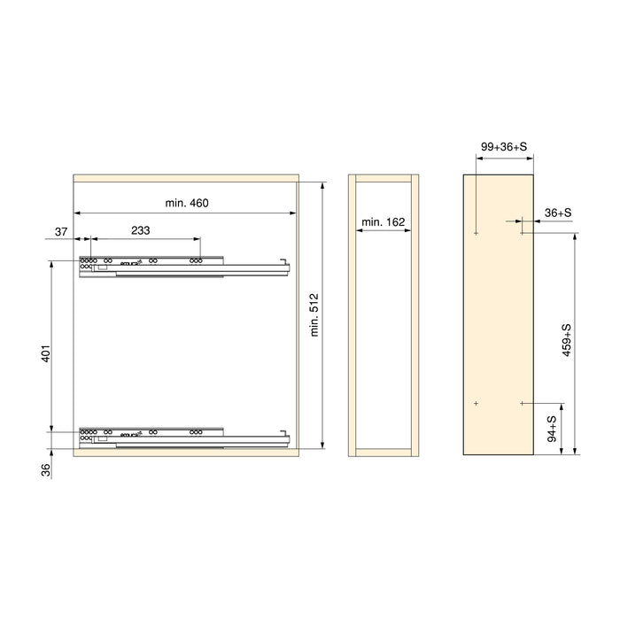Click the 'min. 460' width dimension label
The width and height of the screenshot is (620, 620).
coord(186,204)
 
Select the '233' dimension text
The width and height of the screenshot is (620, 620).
coord(140,229)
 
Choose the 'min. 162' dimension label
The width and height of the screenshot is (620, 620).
coord(383,221)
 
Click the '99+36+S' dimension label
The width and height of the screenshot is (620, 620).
coord(505,146)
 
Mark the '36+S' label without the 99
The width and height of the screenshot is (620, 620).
coord(557,213)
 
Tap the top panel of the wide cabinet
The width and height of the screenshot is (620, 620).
coord(185,177)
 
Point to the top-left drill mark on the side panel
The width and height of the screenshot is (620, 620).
coord(477,234)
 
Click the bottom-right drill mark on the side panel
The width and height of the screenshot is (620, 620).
coord(523,403)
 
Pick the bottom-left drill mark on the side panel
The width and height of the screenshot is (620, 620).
coord(477,403)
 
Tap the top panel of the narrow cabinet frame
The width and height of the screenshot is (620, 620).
coord(383,177)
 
